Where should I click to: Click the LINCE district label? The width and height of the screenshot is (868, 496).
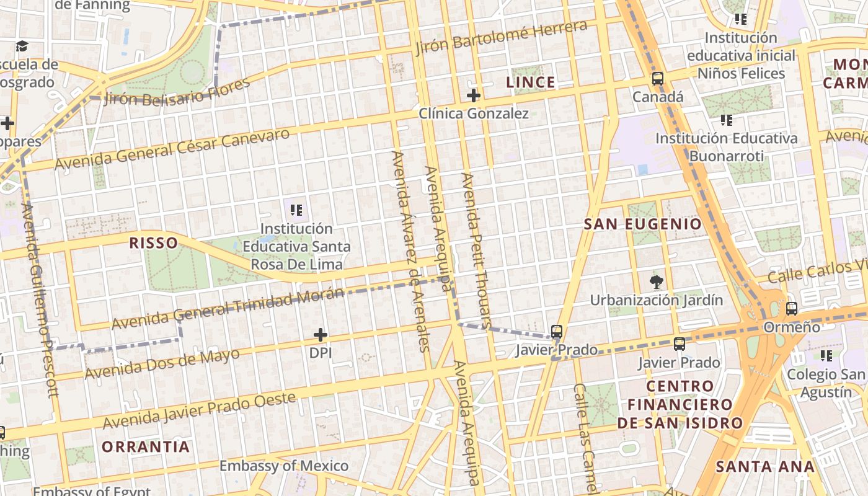pos(530,82)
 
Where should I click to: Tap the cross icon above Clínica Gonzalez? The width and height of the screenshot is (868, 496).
pos(474,95)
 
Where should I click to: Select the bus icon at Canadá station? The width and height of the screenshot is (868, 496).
pos(657,79)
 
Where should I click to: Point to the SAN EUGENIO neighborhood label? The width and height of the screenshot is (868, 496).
pos(643,224)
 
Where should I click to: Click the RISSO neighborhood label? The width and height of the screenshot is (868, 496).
pos(153,242)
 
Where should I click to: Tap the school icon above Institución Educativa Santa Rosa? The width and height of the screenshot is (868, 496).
pos(296,210)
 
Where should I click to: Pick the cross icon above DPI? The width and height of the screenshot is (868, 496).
pos(321,335)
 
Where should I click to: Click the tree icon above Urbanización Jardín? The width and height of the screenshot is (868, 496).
pos(656,283)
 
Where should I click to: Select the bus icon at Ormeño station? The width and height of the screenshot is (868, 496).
pos(792,308)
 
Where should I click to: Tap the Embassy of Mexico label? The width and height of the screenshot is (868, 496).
pos(284,466)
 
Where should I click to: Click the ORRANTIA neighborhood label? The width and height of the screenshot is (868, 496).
pos(146,446)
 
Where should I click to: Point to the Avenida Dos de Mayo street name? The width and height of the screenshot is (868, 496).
pos(162,365)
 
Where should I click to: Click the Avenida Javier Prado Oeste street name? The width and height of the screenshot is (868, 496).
pos(200,410)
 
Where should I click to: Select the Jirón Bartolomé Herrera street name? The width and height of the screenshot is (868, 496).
pos(501,37)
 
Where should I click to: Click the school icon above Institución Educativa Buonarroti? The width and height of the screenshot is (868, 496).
pos(726,120)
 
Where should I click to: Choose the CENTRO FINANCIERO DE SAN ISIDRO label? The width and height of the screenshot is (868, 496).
pos(680,405)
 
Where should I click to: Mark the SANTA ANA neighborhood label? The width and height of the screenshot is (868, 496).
pos(765,467)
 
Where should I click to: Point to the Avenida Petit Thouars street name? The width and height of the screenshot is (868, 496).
pos(476,250)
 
